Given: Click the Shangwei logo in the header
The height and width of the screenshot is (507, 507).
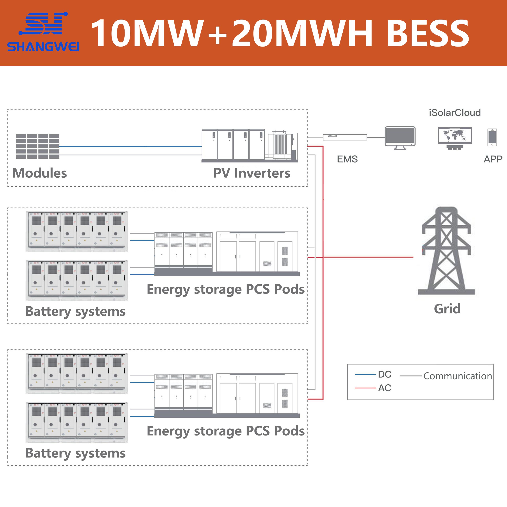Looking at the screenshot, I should click(43, 31).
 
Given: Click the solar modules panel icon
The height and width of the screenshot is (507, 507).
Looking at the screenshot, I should click(38, 146).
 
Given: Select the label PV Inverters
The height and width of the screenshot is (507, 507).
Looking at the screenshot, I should click(252, 173).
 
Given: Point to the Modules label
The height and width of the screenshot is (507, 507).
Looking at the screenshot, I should click(40, 173).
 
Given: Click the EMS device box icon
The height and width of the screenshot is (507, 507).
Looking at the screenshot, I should click(345, 137).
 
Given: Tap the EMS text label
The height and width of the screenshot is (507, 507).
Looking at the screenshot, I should click(347, 159).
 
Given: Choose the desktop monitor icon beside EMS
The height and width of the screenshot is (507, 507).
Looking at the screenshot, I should click(400, 137).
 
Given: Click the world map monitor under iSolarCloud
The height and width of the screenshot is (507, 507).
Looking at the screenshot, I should click(455, 138).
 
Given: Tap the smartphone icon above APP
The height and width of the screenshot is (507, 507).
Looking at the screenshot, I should click(492, 137).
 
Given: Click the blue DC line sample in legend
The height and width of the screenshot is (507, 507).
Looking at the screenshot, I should click(365, 375).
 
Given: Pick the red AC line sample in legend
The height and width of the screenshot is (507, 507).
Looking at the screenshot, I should click(365, 388).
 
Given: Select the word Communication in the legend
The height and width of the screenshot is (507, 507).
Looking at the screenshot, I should click(457, 376).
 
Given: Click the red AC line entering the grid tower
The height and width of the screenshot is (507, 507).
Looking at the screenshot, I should click(367, 257).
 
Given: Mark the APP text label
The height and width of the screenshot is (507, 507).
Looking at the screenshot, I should click(493, 159).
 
